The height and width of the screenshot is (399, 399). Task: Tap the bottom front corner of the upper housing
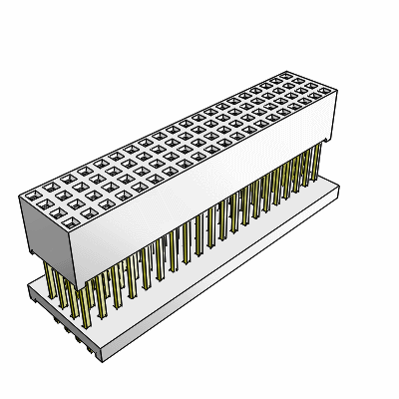tap(81, 269)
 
